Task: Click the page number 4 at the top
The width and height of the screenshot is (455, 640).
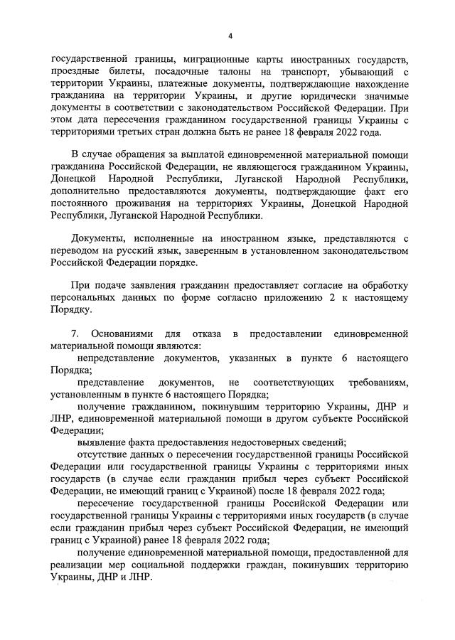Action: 230,37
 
